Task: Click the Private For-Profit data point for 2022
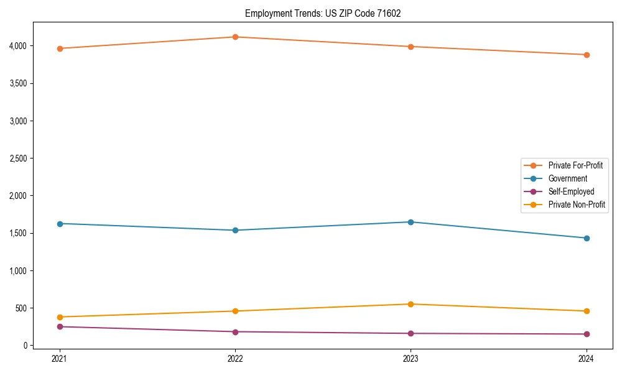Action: point(235,37)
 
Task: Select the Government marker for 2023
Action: point(411,222)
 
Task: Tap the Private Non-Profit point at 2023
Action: point(411,304)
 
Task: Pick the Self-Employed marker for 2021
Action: point(60,326)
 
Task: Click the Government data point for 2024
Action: point(587,238)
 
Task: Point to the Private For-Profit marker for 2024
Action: point(587,55)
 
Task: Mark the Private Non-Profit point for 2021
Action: point(60,317)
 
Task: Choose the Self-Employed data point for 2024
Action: point(587,334)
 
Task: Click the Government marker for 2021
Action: point(60,224)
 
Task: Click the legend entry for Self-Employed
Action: point(571,191)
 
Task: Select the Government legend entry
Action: point(567,178)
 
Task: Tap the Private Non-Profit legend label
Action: point(577,205)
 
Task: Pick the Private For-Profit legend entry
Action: point(575,165)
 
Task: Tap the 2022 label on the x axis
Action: point(235,358)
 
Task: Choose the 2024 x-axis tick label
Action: point(587,358)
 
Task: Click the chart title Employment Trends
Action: point(318,13)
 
